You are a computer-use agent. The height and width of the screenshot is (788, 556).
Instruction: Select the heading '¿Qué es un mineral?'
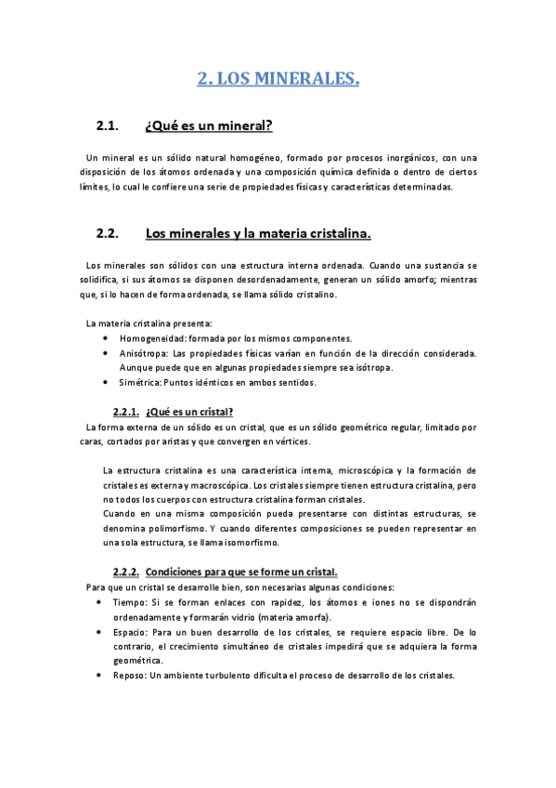(x=209, y=126)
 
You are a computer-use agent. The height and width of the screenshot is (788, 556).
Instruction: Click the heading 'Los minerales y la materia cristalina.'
(x=259, y=232)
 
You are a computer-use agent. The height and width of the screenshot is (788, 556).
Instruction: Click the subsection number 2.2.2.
(x=125, y=571)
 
